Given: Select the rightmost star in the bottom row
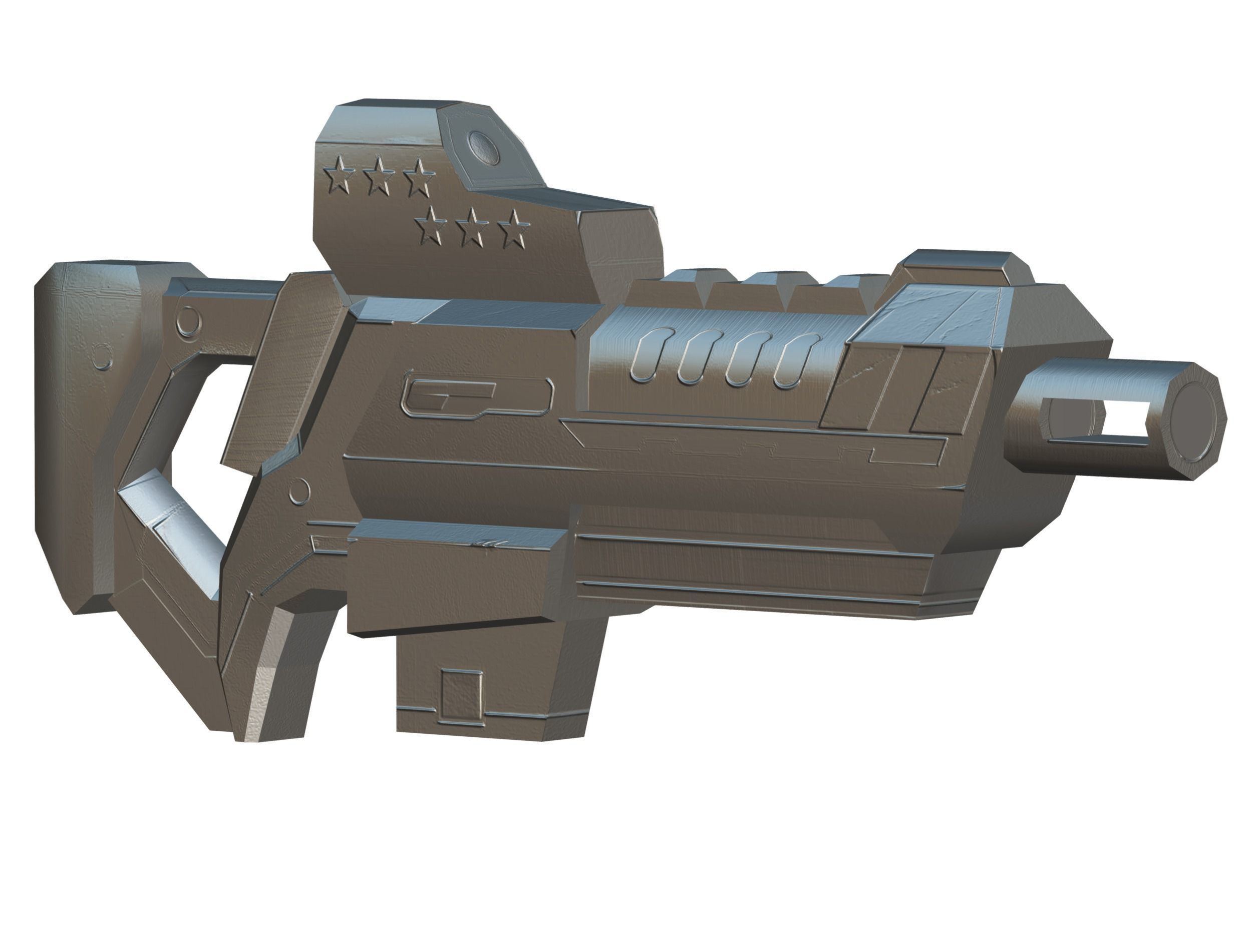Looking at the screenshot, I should click(x=513, y=229).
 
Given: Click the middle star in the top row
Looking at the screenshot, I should click(x=378, y=176).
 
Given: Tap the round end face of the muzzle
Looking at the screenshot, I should click(x=1193, y=419).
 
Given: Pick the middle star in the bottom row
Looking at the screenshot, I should click(x=471, y=229).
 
